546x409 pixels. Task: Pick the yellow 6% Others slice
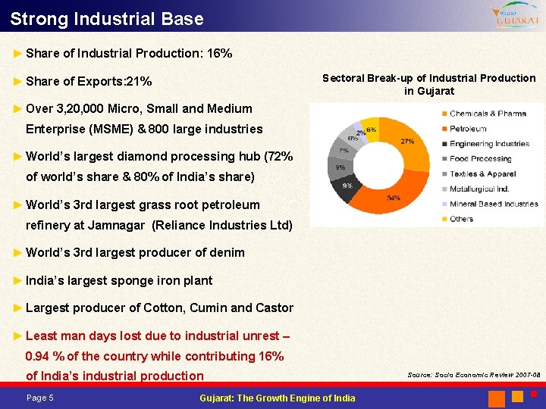[371, 125]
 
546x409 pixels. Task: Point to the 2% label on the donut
[360, 133]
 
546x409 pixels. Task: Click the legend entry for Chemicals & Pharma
[488, 114]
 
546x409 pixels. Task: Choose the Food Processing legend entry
[480, 159]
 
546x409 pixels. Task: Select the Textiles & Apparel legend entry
[482, 174]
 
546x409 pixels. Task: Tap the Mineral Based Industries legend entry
[494, 204]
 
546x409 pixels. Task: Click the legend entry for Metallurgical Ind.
[479, 189]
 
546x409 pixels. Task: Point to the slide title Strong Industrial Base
[107, 18]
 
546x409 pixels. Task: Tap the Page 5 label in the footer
[39, 398]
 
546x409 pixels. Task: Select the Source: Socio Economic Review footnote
[474, 375]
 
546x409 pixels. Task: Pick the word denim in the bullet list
[228, 252]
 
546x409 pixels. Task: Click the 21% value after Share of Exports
[139, 81]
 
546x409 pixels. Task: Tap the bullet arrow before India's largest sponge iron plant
[18, 280]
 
